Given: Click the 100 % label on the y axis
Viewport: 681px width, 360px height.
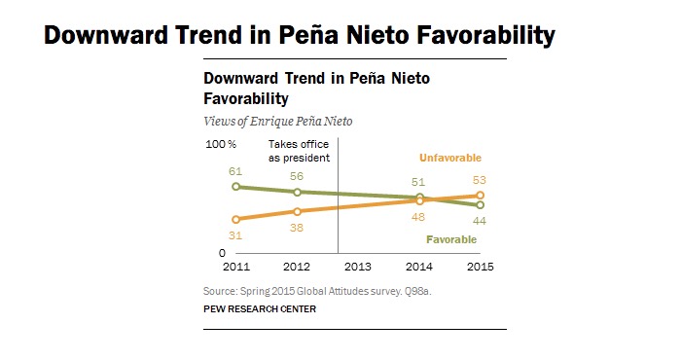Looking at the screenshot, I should coord(220,145).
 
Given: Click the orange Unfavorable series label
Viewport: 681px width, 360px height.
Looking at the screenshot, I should coord(450,158).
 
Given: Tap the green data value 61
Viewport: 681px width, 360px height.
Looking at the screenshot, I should coord(235,171).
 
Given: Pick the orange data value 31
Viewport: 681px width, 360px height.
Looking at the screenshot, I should coord(235,234).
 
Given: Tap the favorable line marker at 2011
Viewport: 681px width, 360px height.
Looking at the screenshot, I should coord(235,186).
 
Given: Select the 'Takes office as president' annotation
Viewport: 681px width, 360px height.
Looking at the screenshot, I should coord(300,151).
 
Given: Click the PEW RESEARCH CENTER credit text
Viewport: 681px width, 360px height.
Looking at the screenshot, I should coord(260,308).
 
